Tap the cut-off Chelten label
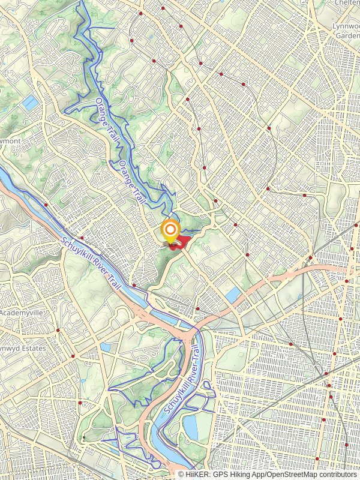(349, 3)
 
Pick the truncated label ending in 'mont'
(10, 140)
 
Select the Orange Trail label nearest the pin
(132, 180)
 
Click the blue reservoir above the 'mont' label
(30, 103)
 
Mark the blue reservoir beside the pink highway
(233, 295)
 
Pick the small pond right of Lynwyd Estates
(106, 347)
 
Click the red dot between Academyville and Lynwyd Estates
(58, 330)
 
